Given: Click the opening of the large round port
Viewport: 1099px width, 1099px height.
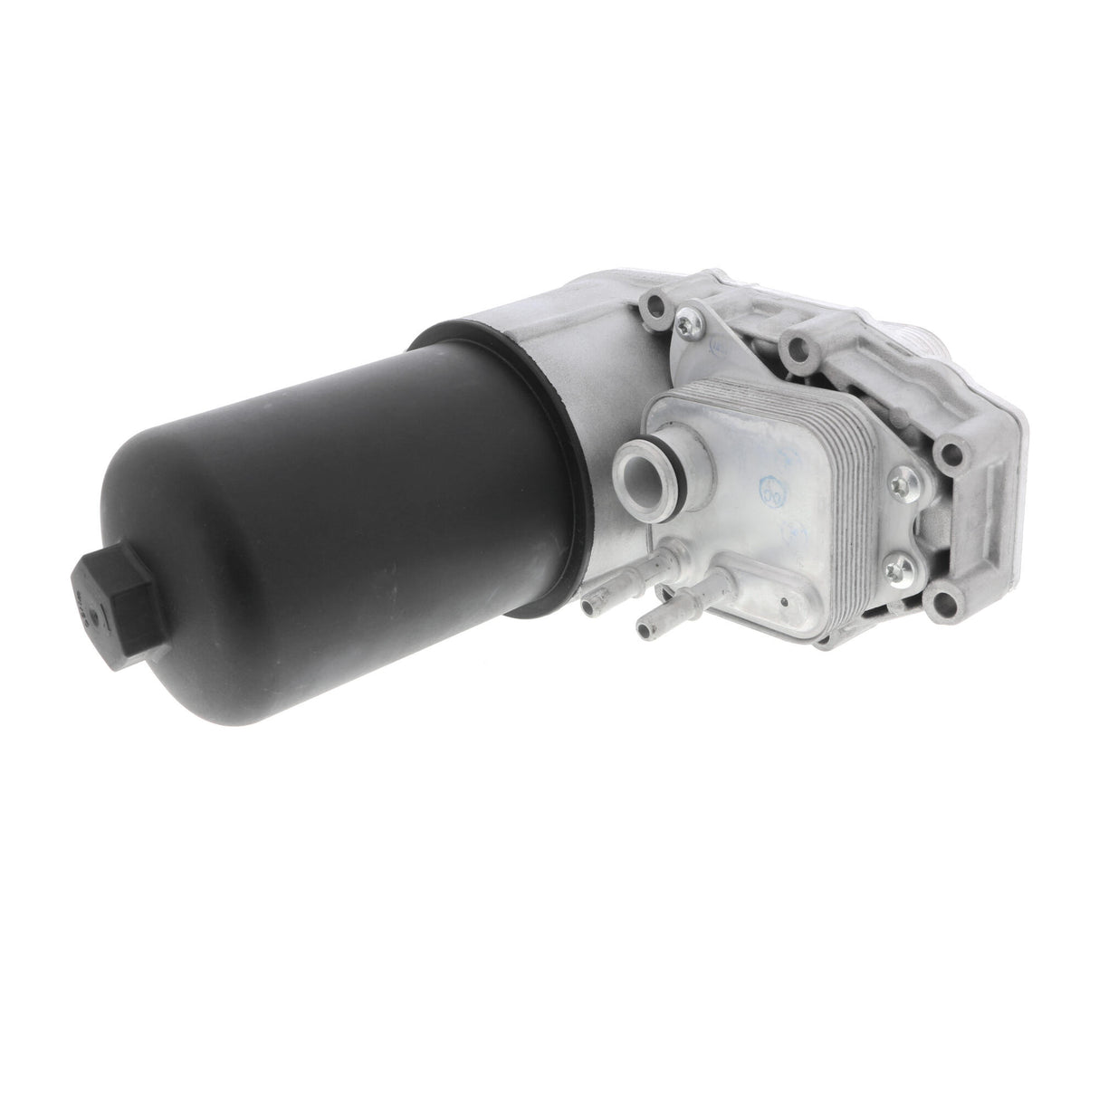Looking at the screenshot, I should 652,471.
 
